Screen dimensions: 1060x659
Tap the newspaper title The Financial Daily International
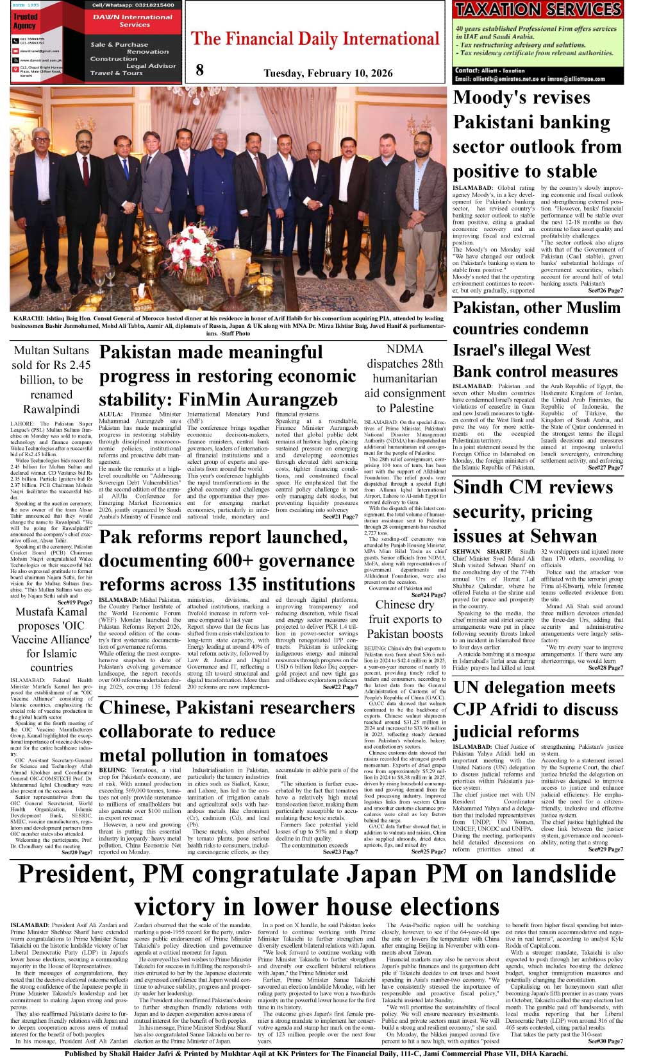point(315,38)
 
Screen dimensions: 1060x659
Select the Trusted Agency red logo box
point(26,21)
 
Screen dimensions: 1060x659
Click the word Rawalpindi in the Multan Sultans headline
point(51,409)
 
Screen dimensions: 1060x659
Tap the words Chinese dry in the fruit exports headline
point(405,604)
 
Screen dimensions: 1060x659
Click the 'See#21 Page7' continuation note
point(340,517)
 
